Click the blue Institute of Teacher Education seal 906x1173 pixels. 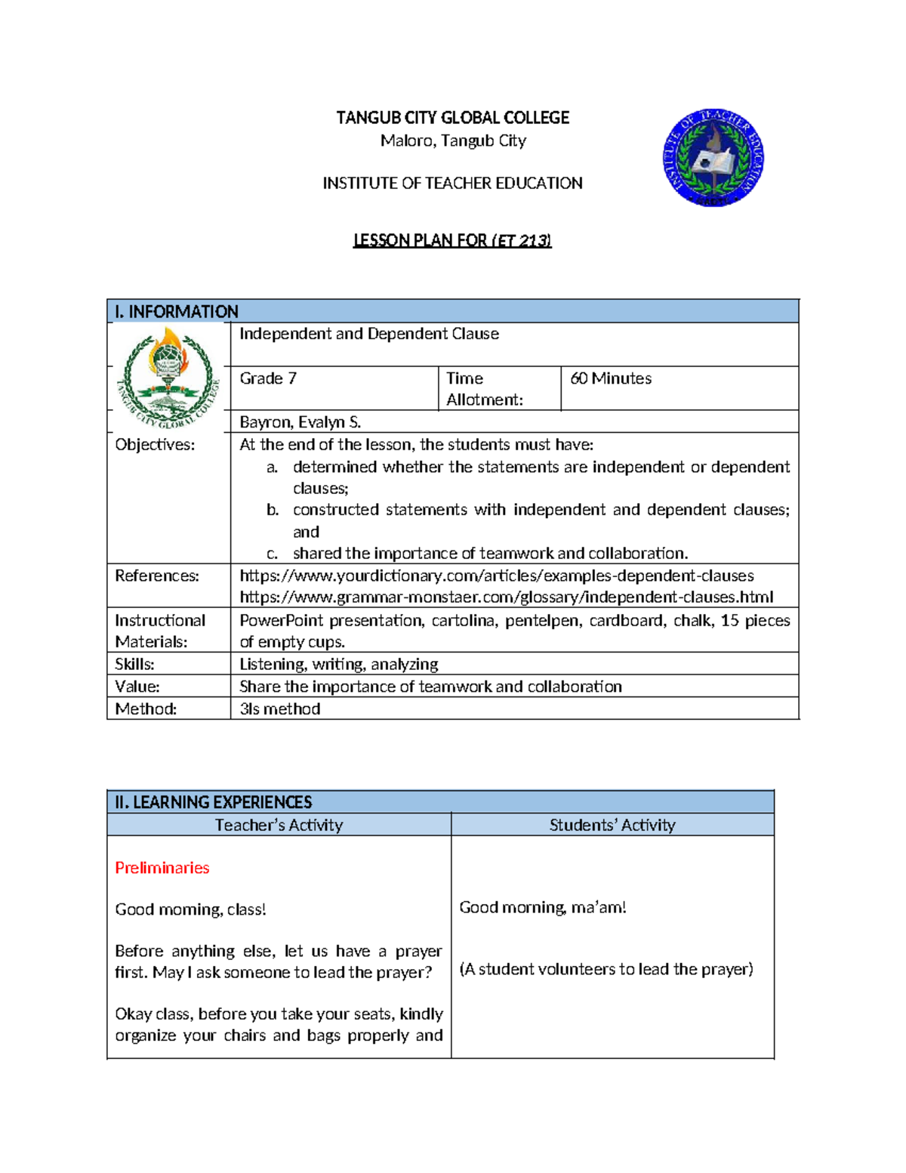click(713, 158)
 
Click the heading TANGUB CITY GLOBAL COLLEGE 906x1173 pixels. click(452, 118)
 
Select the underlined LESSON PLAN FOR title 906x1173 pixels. click(452, 240)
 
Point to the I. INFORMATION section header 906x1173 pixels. click(177, 311)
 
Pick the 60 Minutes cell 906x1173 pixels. click(611, 378)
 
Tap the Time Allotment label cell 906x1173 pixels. click(484, 388)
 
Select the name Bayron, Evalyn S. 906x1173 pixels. click(300, 422)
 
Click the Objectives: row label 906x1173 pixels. click(155, 445)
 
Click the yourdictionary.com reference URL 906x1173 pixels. click(496, 576)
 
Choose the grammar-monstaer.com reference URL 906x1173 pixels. click(506, 597)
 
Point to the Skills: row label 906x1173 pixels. click(134, 664)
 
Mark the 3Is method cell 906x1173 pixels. click(279, 708)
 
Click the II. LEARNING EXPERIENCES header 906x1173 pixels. click(213, 802)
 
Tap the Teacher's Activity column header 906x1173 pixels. click(279, 825)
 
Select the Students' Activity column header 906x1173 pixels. click(612, 825)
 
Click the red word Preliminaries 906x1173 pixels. click(162, 868)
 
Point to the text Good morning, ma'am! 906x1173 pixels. click(542, 907)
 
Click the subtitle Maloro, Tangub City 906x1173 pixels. click(453, 140)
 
